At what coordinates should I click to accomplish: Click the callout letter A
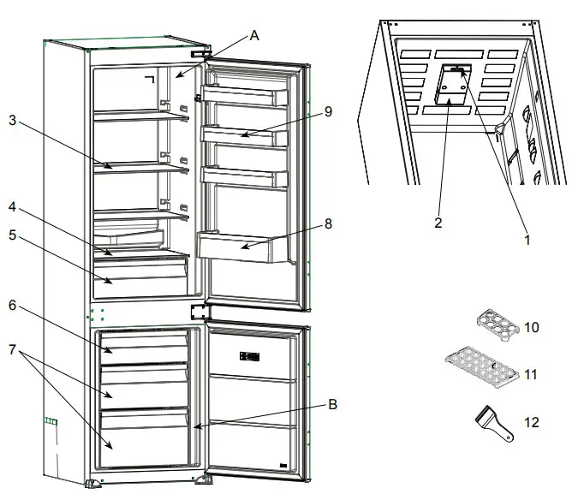254,35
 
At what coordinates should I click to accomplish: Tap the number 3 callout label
12,122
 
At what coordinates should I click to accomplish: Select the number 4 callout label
12,207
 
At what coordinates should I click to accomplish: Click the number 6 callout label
12,306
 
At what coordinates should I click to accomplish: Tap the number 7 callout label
12,352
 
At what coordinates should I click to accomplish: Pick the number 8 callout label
328,224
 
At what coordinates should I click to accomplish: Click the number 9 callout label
328,110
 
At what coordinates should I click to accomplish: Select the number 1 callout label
527,241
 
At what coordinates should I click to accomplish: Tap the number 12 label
531,422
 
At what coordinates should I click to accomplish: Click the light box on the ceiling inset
452,86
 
